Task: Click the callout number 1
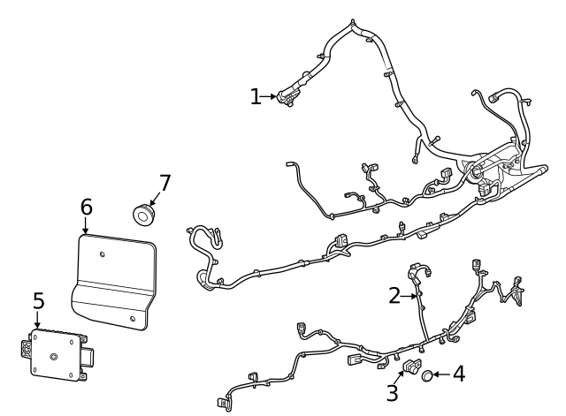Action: pyautogui.click(x=256, y=96)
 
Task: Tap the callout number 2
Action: pyautogui.click(x=394, y=296)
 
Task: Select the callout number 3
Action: pyautogui.click(x=393, y=391)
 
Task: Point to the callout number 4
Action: pyautogui.click(x=457, y=374)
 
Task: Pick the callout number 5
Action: pyautogui.click(x=37, y=301)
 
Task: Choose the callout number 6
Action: pyautogui.click(x=86, y=207)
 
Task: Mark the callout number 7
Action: pyautogui.click(x=164, y=183)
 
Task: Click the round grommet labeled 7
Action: pyautogui.click(x=142, y=213)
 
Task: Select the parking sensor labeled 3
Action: pyautogui.click(x=412, y=367)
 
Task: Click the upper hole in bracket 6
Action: pyautogui.click(x=103, y=255)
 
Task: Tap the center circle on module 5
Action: pyautogui.click(x=53, y=357)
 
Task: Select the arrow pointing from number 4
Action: pyautogui.click(x=440, y=375)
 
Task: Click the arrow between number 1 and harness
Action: pyautogui.click(x=271, y=96)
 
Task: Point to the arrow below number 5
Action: pyautogui.click(x=37, y=321)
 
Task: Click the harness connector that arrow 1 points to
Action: pyautogui.click(x=287, y=98)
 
